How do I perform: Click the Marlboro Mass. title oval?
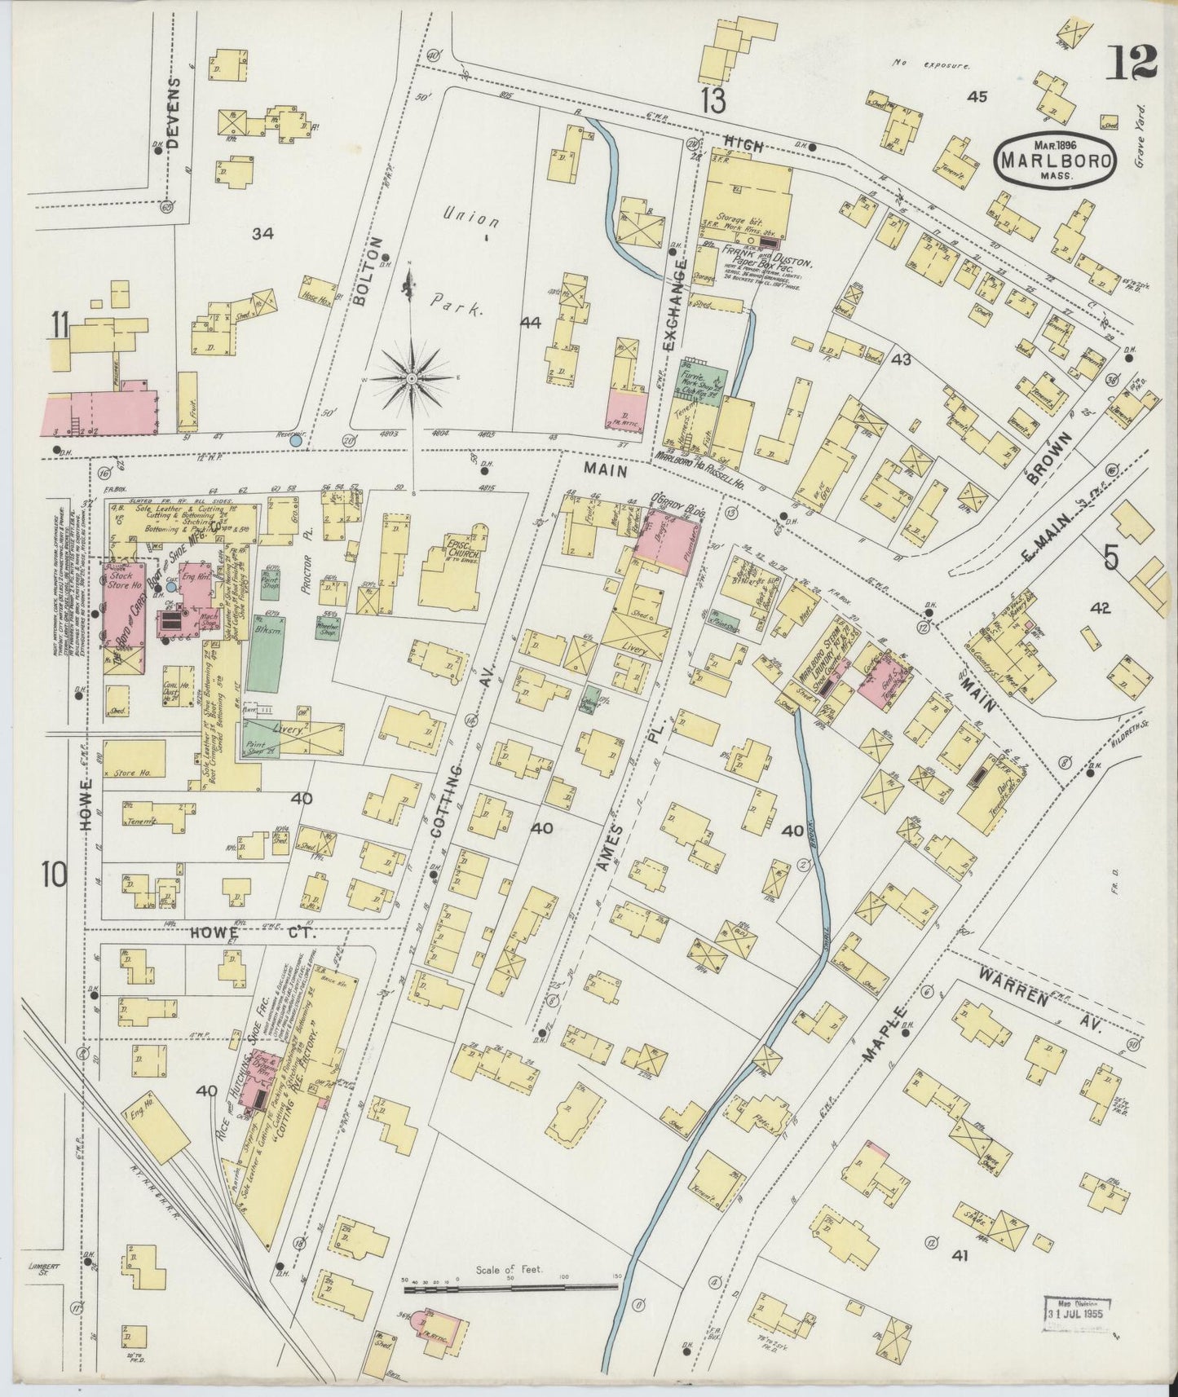(1055, 160)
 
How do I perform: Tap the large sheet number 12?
(1132, 62)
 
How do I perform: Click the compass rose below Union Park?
(413, 377)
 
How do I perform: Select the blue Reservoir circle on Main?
(297, 440)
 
